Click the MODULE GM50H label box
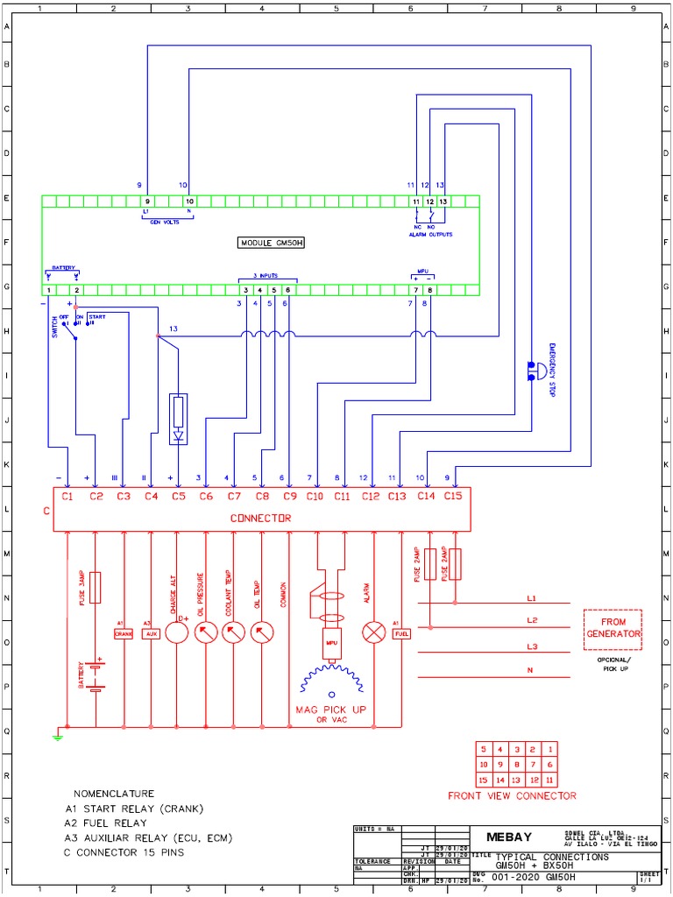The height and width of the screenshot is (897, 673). pos(277,243)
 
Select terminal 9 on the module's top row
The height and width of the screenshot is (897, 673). pos(147,201)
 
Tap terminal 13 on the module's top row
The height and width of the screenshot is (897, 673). pos(443,201)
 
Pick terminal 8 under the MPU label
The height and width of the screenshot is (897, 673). pos(429,290)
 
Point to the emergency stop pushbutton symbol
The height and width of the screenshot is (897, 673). pos(531,370)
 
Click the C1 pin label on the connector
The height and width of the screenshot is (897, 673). pos(67,497)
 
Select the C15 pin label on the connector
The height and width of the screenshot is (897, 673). pos(452,497)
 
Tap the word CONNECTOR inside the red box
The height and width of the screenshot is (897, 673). pos(260,519)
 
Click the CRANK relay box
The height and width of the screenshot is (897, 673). pos(123,633)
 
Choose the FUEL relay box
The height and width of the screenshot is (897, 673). pos(401,633)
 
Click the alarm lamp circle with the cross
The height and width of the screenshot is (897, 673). pos(374,632)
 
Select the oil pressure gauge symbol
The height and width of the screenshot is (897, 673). pos(206,632)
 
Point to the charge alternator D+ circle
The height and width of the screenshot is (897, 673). pos(178,632)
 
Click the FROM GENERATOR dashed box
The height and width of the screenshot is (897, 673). pos(613,628)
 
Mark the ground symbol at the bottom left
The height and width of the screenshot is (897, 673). pos(58,737)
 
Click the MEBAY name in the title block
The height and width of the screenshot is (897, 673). pos(510,836)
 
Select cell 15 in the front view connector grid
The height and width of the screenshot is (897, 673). pos(483,779)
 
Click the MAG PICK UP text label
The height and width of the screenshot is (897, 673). pos(331,709)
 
